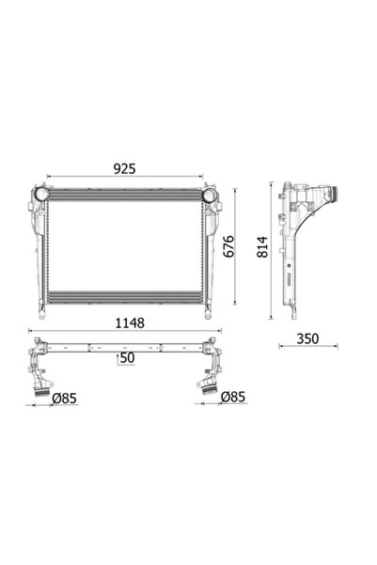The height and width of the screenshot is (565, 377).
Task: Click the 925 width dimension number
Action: click(124, 168)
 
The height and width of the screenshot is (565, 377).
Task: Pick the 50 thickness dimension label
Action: click(127, 358)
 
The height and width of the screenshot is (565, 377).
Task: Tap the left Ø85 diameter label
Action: click(63, 398)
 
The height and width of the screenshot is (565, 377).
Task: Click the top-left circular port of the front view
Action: click(40, 195)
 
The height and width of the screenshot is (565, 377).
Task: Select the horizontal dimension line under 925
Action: click(124, 177)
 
